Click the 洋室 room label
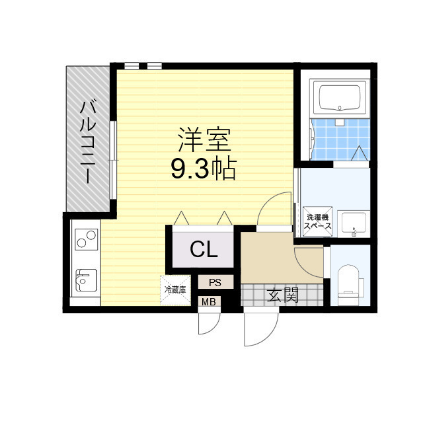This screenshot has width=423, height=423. click(x=204, y=139)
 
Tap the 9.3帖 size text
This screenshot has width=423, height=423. click(x=204, y=170)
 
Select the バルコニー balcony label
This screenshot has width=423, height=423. click(x=88, y=141)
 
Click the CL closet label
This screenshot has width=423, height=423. click(x=204, y=250)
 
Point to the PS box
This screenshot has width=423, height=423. click(x=216, y=282)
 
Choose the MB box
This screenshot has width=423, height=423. click(x=209, y=302)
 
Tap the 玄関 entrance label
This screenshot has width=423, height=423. click(x=283, y=295)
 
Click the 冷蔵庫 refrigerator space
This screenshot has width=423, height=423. click(x=175, y=290)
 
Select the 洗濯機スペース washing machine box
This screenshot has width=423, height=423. click(x=317, y=221)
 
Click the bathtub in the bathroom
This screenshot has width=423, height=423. click(x=340, y=98)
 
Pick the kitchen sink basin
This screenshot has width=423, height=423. click(x=86, y=280)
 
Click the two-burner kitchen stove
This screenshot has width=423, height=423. click(x=87, y=239)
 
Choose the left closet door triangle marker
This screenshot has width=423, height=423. click(x=181, y=218)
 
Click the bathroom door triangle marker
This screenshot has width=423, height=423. click(x=360, y=153)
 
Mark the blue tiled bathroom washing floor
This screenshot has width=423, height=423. click(x=340, y=139)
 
